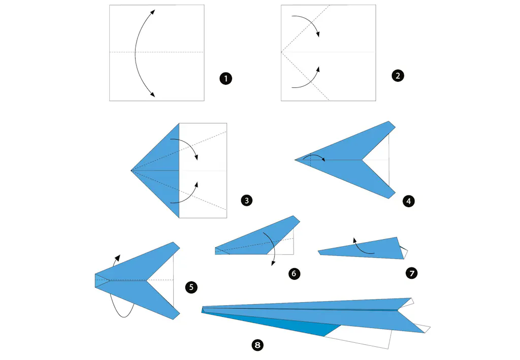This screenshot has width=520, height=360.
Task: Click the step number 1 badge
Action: coord(226,79)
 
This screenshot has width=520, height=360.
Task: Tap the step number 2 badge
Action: coord(398,76)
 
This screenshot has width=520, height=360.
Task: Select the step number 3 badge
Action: coord(246,200)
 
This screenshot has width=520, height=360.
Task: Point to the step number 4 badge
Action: coord(409,201)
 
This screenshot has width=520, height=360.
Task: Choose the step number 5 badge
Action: coord(191,287)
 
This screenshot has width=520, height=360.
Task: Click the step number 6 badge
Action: coord(294,274)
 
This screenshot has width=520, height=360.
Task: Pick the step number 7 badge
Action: coord(411,273)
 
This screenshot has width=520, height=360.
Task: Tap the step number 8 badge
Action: coord(257,345)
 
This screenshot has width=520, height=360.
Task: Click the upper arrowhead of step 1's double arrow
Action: coord(152,12)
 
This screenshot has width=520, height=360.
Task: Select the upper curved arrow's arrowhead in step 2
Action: coord(318,34)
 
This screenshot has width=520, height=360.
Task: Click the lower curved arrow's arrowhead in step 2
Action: coord(318,69)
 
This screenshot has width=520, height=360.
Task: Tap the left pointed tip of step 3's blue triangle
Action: coord(132,171)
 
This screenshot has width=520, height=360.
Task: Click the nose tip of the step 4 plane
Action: coord(295,160)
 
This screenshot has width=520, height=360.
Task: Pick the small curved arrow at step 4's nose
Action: coord(313,156)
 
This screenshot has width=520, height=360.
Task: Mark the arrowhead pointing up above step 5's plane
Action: coord(117,258)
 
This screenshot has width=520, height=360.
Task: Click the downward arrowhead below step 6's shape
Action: coord(273,263)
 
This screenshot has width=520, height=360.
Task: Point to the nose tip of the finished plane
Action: coord(202,310)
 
